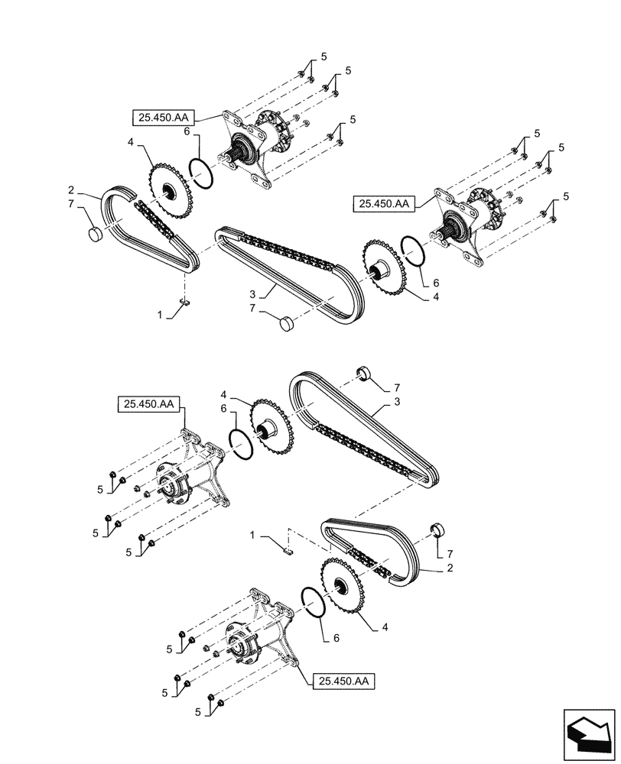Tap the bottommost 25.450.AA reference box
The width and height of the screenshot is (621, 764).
tap(344, 678)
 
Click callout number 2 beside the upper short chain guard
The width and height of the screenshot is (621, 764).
tap(92, 190)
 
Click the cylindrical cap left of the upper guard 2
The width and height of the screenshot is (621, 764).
tap(93, 234)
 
